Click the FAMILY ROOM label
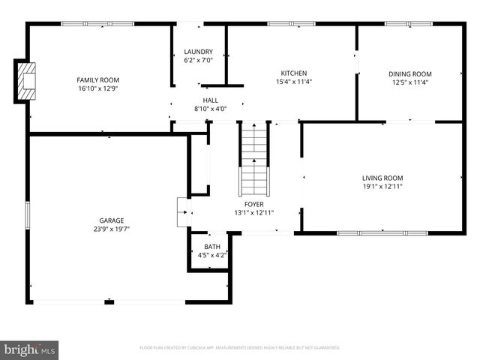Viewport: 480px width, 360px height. click(98, 79)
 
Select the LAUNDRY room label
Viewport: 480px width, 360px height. click(199, 52)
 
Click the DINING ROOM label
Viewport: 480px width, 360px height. click(409, 73)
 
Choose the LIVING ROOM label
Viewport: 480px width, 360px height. click(382, 178)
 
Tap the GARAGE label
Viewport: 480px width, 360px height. click(109, 220)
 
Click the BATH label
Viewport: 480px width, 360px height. click(212, 247)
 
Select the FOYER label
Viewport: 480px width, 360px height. click(253, 204)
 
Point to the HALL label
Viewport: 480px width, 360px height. click(210, 100)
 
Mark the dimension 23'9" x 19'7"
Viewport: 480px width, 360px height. click(109, 229)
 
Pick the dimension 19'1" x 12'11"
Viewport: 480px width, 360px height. click(382, 186)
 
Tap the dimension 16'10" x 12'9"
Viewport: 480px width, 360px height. click(98, 88)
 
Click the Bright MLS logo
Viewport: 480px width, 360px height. click(30, 349)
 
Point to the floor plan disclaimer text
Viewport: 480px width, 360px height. click(240, 348)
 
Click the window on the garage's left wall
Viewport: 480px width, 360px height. click(28, 215)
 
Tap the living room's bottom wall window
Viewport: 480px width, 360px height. click(382, 232)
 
